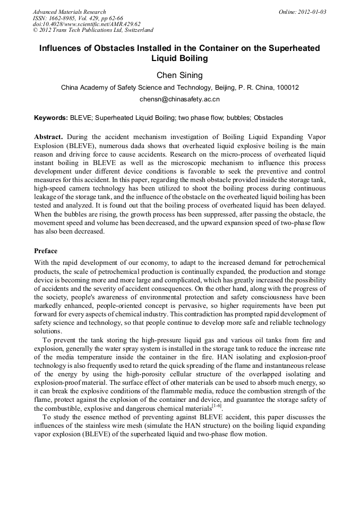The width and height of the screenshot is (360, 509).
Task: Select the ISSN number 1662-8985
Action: (67, 18)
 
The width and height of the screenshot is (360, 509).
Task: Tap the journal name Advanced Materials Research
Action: (69, 12)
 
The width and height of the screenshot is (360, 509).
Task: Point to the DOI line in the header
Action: (86, 24)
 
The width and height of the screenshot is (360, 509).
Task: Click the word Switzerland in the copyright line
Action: (134, 30)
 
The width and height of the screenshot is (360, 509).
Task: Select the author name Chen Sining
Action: (179, 75)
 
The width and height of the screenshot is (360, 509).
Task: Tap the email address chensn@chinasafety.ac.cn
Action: (179, 99)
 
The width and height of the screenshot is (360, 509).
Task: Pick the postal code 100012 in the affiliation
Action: (287, 88)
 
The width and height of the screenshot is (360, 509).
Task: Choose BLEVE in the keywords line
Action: (80, 118)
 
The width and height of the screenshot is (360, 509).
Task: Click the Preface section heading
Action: (46, 251)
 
